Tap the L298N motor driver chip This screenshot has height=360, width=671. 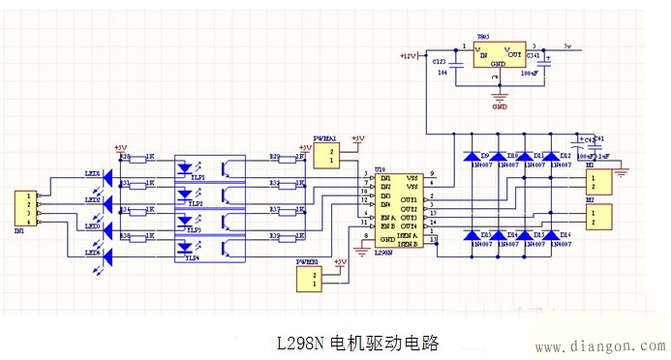pyautogui.click(x=398, y=208)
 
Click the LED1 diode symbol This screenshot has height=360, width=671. pyautogui.click(x=108, y=181)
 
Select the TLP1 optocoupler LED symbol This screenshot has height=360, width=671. pyautogui.click(x=186, y=167)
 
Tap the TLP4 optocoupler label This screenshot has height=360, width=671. pyautogui.click(x=194, y=258)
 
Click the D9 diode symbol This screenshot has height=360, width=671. pyautogui.click(x=473, y=156)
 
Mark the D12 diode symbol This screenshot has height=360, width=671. pyautogui.click(x=551, y=156)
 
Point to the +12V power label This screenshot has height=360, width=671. pyautogui.click(x=408, y=56)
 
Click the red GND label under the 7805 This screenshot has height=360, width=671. pyautogui.click(x=500, y=106)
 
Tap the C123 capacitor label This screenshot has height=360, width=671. pyautogui.click(x=440, y=59)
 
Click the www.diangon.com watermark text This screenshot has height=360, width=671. pyautogui.click(x=600, y=346)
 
